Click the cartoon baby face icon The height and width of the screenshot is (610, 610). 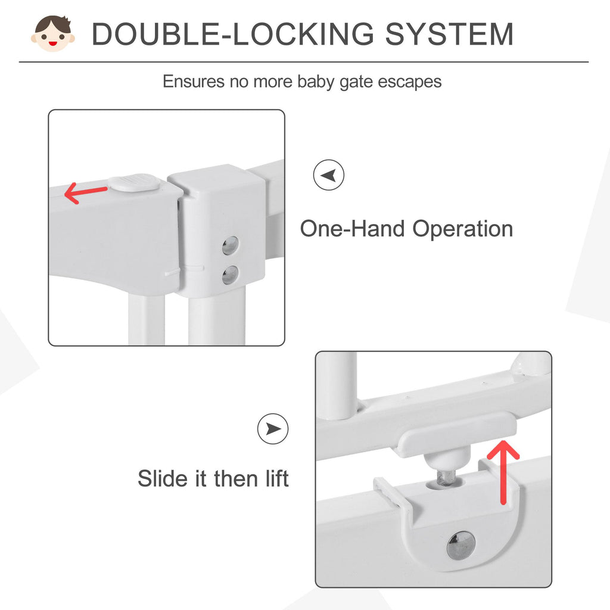[53, 33]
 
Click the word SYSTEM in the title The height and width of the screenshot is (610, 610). [449, 34]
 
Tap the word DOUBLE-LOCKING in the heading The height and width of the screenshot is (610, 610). [233, 34]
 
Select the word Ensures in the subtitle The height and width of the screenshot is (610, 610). [194, 81]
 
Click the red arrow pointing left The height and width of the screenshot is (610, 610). [86, 193]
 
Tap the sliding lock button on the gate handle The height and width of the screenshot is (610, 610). [133, 182]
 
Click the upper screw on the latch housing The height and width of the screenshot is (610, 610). [231, 245]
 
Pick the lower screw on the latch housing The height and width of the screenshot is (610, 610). [231, 275]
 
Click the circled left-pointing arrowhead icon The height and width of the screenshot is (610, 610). [329, 175]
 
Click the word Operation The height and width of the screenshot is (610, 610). [462, 229]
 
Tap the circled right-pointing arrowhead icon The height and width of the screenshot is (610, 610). [273, 429]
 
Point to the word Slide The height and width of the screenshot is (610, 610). [163, 478]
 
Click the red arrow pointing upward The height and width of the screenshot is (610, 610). [503, 472]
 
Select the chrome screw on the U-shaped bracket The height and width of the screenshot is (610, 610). [461, 544]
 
